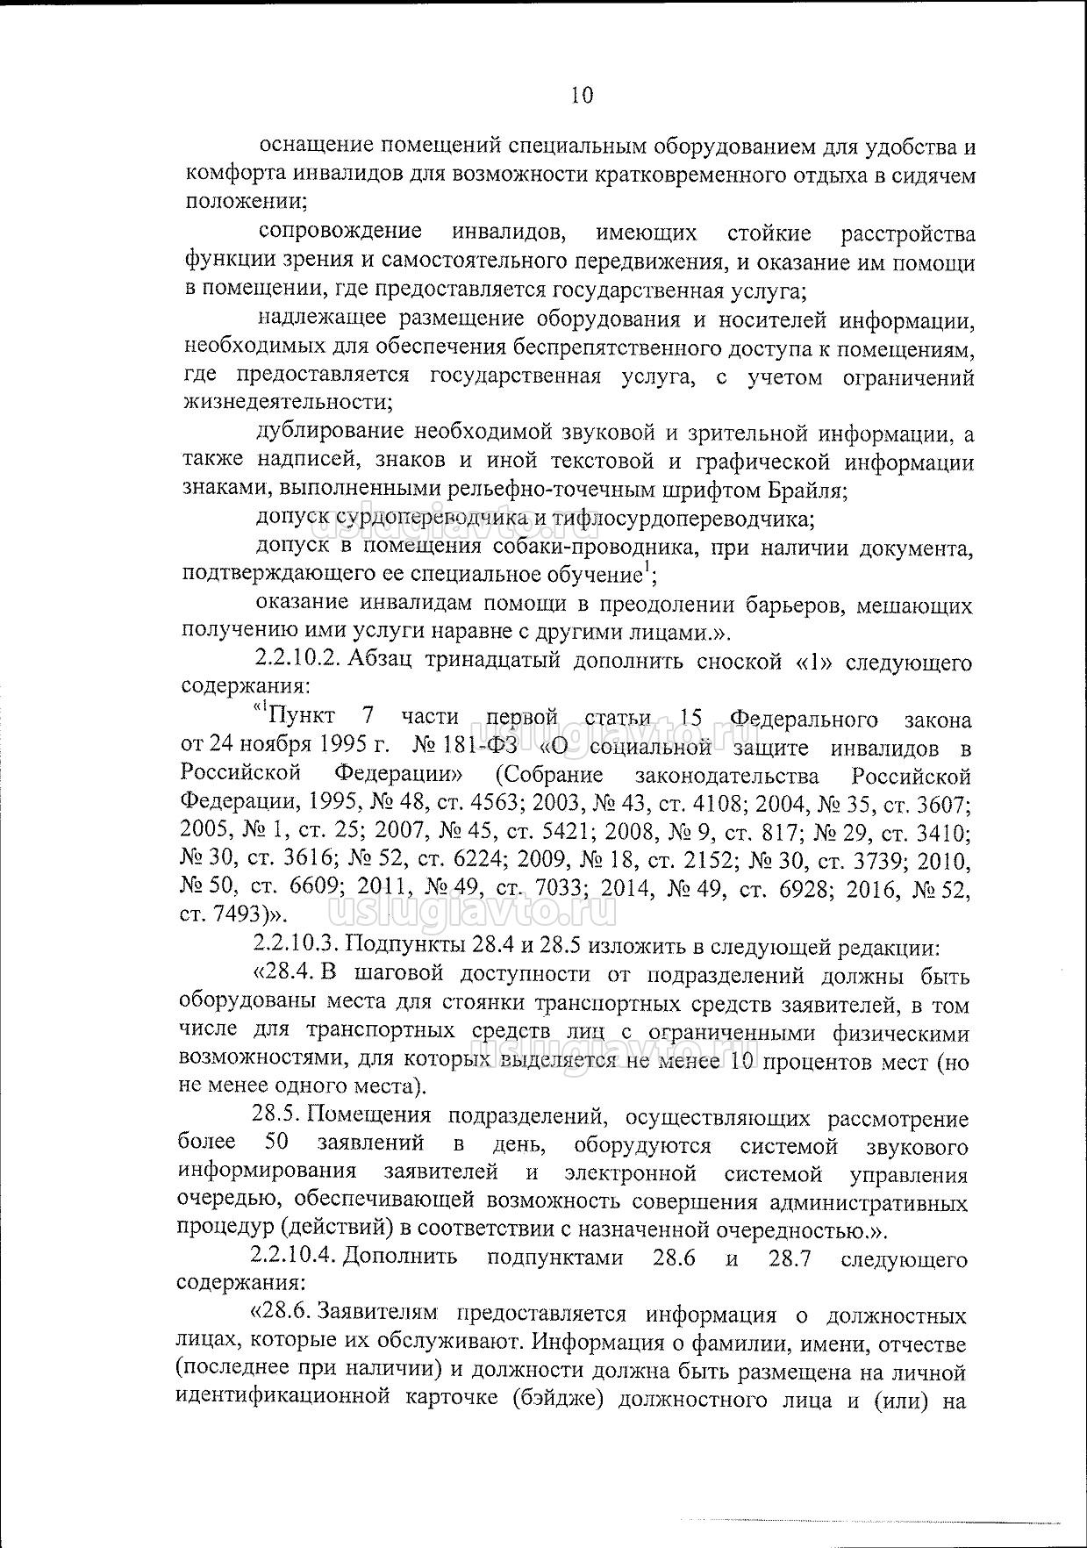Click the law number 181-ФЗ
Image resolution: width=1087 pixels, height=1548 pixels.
481,746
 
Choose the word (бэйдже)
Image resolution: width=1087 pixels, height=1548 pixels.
559,1399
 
